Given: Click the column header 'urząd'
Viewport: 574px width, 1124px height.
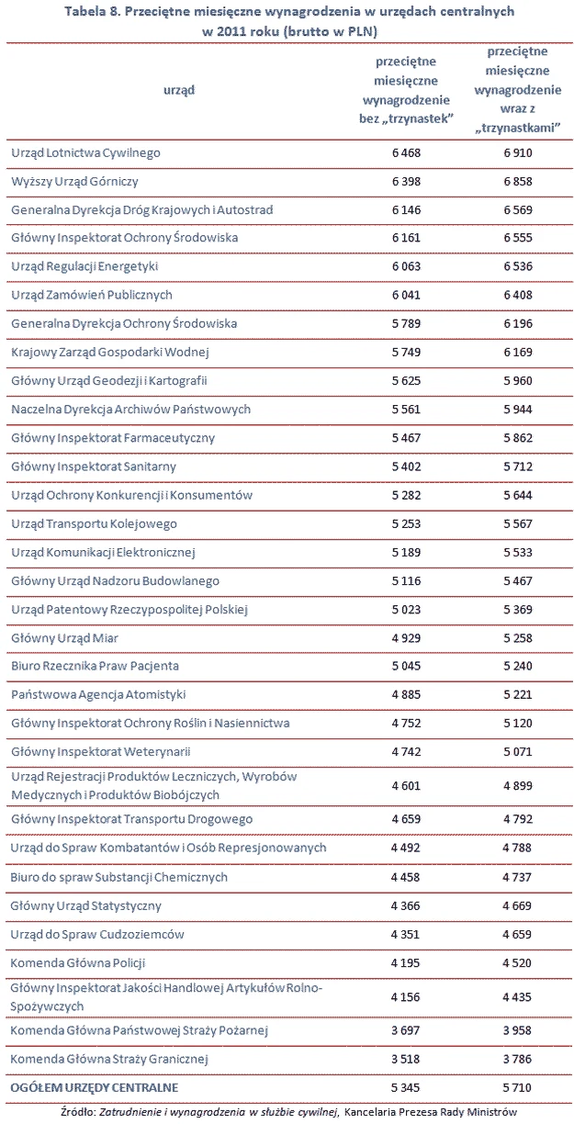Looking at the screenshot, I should coord(181,90).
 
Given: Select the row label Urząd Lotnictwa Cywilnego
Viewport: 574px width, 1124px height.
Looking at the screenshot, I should coord(85,153).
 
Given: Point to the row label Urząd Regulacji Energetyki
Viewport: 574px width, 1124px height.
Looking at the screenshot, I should coord(84,266).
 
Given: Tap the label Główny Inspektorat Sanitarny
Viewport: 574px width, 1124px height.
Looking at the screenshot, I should coord(94,466).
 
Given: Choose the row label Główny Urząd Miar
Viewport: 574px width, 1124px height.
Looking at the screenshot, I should coord(65,637).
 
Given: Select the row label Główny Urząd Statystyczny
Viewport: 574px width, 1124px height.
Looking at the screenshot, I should coord(86,905).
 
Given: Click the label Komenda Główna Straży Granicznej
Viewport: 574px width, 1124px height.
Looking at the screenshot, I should coord(109,1059).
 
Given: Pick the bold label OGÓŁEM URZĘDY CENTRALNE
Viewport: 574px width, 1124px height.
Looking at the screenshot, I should coord(95,1087).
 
